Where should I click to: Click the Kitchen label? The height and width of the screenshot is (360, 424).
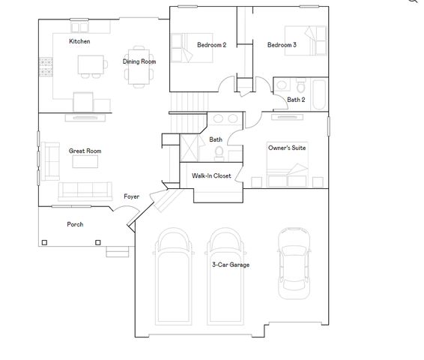pyautogui.click(x=79, y=41)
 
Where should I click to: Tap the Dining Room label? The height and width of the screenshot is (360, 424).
pyautogui.click(x=139, y=61)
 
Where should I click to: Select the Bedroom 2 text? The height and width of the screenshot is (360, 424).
pyautogui.click(x=211, y=45)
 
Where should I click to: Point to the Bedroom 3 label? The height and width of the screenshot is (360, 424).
pyautogui.click(x=282, y=45)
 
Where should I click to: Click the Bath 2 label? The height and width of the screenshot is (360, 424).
pyautogui.click(x=296, y=99)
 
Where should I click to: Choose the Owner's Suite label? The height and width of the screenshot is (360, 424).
pyautogui.click(x=287, y=148)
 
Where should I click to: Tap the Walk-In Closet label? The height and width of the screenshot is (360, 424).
pyautogui.click(x=211, y=176)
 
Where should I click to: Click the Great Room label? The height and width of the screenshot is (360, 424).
pyautogui.click(x=85, y=151)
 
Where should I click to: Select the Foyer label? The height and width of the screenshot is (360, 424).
pyautogui.click(x=131, y=196)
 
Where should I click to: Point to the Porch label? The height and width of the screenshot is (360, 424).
pyautogui.click(x=75, y=224)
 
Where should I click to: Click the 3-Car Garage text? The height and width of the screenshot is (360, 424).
pyautogui.click(x=230, y=265)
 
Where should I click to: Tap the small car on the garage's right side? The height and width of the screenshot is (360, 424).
pyautogui.click(x=293, y=262)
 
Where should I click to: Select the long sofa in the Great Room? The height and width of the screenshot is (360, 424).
pyautogui.click(x=85, y=189)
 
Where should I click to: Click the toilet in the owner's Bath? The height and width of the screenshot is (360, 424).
pyautogui.click(x=219, y=153)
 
